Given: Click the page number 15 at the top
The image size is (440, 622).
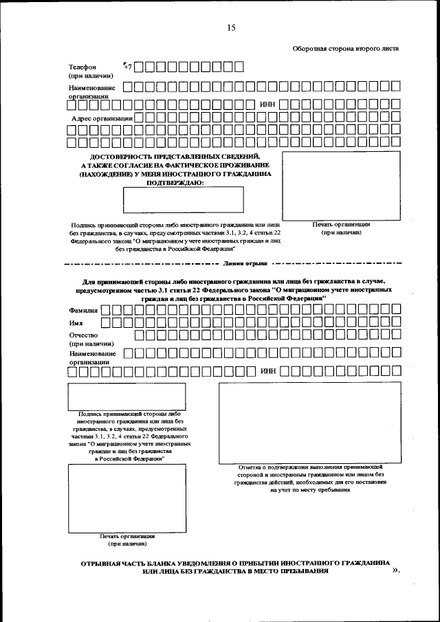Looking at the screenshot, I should [x=230, y=27].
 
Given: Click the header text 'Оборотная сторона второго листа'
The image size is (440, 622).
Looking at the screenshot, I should [x=345, y=48].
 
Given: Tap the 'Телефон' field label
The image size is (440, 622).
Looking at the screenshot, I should [x=82, y=67].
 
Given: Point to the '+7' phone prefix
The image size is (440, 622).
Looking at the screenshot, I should [x=126, y=67].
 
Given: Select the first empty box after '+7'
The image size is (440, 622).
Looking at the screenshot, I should [x=140, y=67].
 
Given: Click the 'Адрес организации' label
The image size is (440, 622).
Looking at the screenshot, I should [x=102, y=118].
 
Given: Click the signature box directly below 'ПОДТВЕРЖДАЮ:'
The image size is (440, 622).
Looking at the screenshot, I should [x=183, y=200].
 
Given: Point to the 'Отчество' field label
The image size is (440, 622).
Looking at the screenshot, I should [x=83, y=335].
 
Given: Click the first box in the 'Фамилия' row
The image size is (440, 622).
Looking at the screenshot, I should [x=106, y=311].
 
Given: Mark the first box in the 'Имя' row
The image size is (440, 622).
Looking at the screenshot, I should [x=106, y=322].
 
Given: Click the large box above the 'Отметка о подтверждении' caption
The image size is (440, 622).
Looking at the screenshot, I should [x=305, y=423].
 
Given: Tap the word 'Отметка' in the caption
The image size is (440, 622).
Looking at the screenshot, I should [x=244, y=467].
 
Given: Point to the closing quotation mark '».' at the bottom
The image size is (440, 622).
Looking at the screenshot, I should [x=395, y=570].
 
